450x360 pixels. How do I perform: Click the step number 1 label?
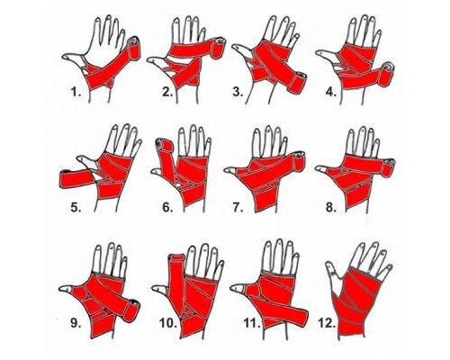76,92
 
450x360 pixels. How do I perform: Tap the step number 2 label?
167,92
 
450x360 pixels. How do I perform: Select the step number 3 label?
238,92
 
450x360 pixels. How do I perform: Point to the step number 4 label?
331,92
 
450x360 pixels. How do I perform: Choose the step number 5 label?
76,207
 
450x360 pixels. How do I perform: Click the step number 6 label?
167,207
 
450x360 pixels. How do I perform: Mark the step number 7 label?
238,207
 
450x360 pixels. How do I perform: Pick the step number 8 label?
331,207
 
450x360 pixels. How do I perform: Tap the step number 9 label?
76,323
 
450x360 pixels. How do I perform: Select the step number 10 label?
167,323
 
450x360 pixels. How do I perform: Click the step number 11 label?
251,323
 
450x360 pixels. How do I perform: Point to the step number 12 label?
327,323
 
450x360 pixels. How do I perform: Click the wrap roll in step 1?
134,48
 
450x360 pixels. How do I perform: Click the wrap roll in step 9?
131,310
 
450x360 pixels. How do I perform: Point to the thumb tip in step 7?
228,170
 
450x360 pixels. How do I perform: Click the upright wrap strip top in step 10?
177,258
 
